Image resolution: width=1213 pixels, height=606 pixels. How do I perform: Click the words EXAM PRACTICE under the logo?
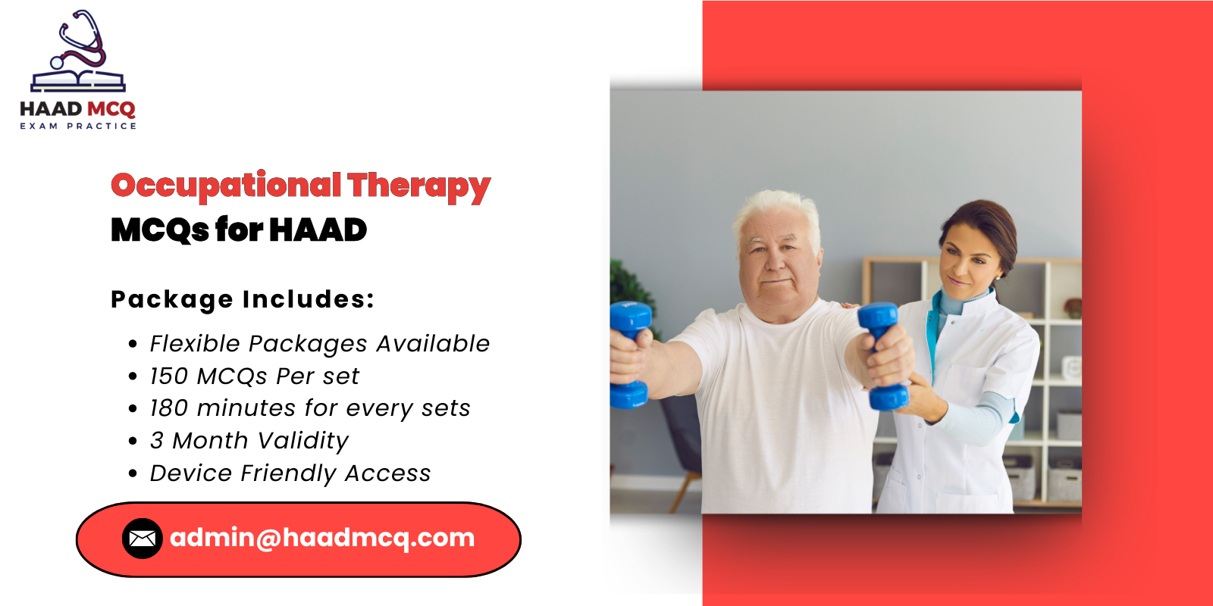(x=78, y=127)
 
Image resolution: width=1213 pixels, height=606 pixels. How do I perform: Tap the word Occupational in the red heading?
(x=226, y=186)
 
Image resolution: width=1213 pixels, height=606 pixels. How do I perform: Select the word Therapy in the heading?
(x=419, y=186)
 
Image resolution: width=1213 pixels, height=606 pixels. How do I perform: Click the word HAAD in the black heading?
(x=318, y=230)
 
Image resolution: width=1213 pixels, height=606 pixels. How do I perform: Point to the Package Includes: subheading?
(x=243, y=299)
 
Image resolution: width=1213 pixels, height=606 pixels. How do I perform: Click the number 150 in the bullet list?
(x=168, y=376)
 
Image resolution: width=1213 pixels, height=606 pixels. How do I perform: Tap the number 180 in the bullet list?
(x=168, y=408)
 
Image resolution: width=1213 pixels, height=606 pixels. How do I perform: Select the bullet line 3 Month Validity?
(x=249, y=441)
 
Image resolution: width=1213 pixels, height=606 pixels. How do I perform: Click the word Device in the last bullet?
(x=191, y=473)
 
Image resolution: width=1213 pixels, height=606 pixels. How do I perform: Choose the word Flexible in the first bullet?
(x=195, y=344)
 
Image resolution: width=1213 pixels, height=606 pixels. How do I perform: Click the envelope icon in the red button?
(x=142, y=539)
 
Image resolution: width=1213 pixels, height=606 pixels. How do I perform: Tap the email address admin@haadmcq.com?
(x=322, y=538)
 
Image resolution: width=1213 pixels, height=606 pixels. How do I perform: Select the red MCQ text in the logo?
(x=111, y=110)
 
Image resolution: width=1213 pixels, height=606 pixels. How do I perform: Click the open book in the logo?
(x=78, y=80)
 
